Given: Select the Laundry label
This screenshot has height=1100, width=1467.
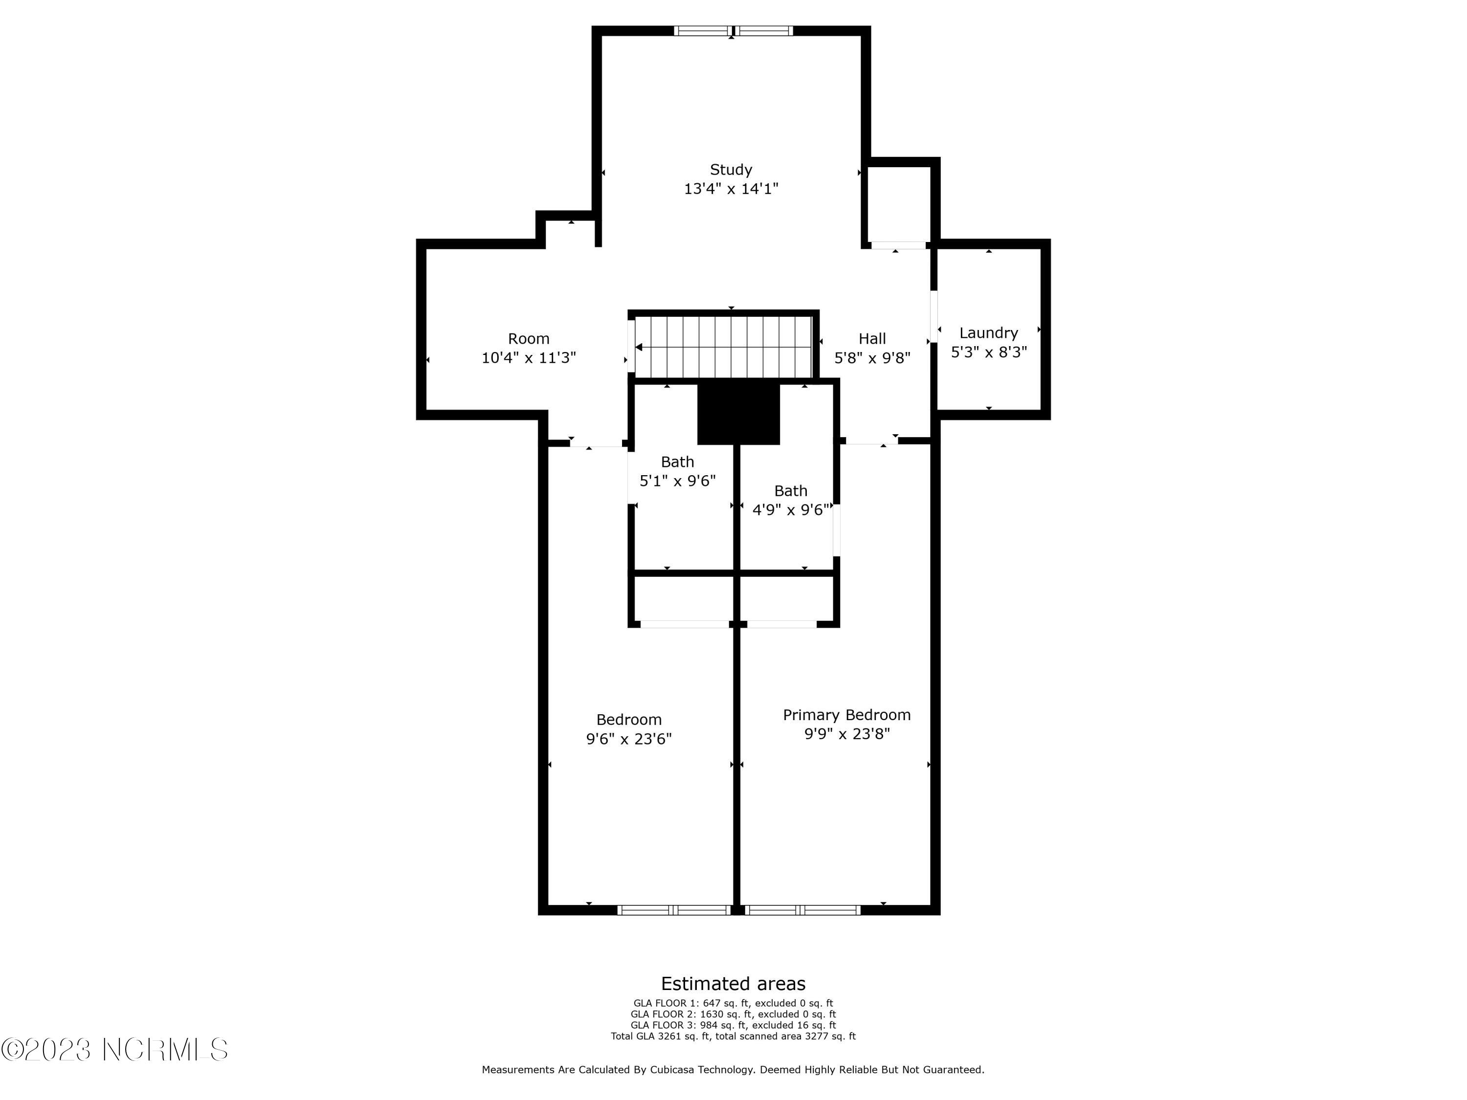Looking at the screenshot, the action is (988, 333).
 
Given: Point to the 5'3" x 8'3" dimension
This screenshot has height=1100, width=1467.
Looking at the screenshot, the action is (989, 352).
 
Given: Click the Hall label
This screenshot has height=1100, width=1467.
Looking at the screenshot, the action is (872, 339).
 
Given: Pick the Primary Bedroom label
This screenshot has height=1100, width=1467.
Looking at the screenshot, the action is (847, 715).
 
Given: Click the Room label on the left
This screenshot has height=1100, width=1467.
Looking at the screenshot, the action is (529, 339).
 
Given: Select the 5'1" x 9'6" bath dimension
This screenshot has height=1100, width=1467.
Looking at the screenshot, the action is (677, 481).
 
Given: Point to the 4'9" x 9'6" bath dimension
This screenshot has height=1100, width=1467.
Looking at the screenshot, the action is (791, 510).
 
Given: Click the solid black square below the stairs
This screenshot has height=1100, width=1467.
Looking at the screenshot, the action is (738, 414).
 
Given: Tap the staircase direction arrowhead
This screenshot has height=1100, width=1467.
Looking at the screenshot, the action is (639, 347).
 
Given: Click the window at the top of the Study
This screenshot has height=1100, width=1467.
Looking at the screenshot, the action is (733, 30).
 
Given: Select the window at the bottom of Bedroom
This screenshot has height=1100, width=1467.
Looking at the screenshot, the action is (673, 910).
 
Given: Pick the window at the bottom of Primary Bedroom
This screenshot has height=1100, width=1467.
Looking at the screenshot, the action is (802, 910).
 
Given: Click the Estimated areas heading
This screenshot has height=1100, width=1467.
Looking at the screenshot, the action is (733, 983).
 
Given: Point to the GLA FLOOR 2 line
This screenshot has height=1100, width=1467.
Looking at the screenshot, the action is (733, 1014).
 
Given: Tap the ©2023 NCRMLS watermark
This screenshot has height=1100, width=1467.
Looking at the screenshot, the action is (115, 1050).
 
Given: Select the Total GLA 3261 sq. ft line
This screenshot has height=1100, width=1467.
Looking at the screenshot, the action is (733, 1035).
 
